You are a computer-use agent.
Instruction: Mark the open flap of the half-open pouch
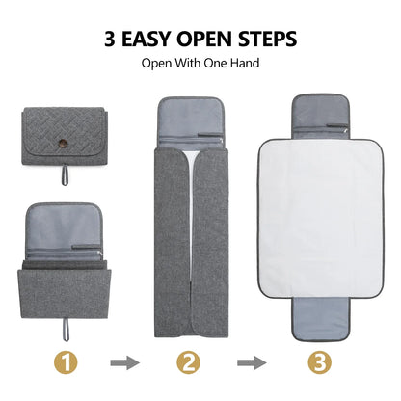(x=66, y=223)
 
